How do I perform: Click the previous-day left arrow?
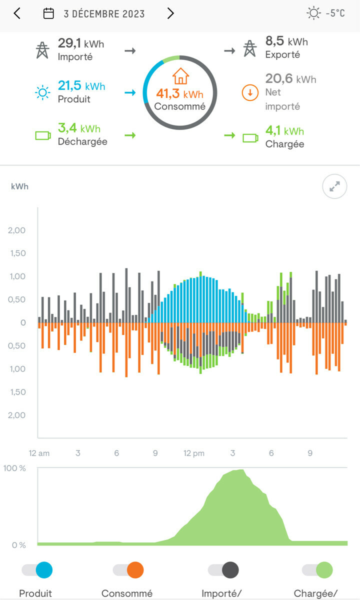pyautogui.click(x=17, y=13)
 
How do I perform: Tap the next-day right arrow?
pyautogui.click(x=170, y=13)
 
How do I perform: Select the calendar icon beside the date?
pyautogui.click(x=48, y=13)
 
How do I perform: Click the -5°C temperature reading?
pyautogui.click(x=335, y=13)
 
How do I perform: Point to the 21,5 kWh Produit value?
pyautogui.click(x=81, y=86)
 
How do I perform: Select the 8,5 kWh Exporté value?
pyautogui.click(x=286, y=41)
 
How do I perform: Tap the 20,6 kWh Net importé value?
pyautogui.click(x=290, y=79)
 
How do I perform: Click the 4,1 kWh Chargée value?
pyautogui.click(x=284, y=131)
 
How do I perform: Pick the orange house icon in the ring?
pyautogui.click(x=180, y=76)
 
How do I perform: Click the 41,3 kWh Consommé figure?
pyautogui.click(x=179, y=93)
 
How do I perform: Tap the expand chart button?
pyautogui.click(x=334, y=186)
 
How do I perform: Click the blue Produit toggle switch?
pyautogui.click(x=37, y=570)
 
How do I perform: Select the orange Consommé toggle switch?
pyautogui.click(x=128, y=570)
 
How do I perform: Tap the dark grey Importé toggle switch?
pyautogui.click(x=223, y=570)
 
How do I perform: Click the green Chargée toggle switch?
pyautogui.click(x=317, y=570)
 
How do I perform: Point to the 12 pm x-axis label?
pyautogui.click(x=194, y=453)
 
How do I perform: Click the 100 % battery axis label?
pyautogui.click(x=14, y=468)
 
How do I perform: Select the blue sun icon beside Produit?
pyautogui.click(x=42, y=92)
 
